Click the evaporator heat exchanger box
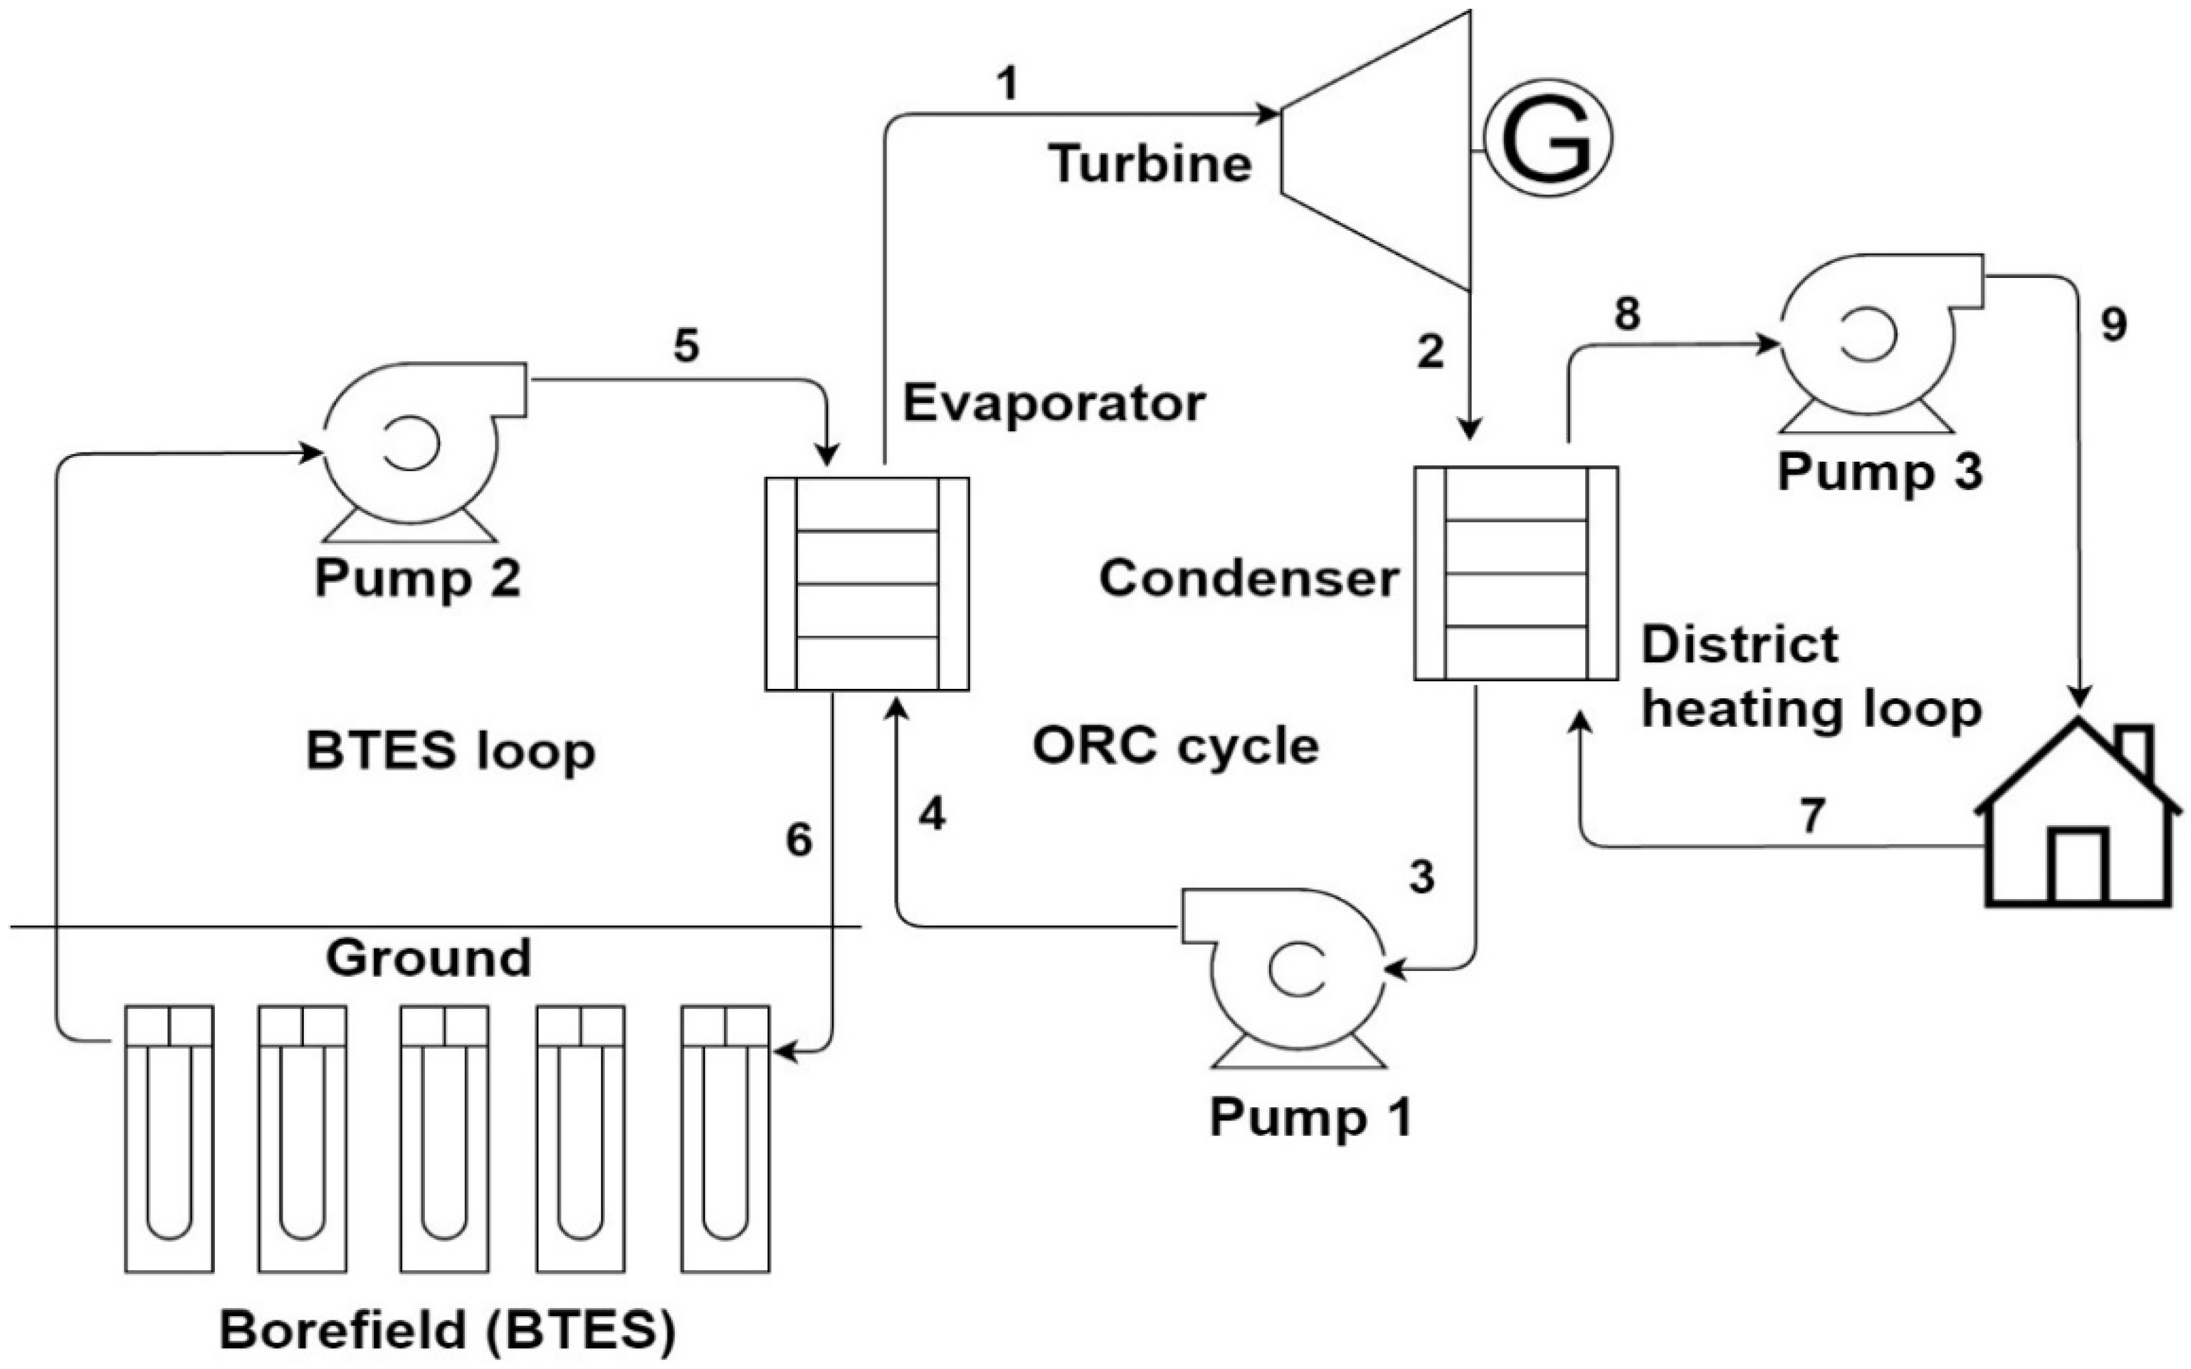[x=866, y=584]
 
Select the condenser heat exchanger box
[x=1515, y=573]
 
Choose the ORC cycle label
[x=1175, y=747]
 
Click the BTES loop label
[x=450, y=750]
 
